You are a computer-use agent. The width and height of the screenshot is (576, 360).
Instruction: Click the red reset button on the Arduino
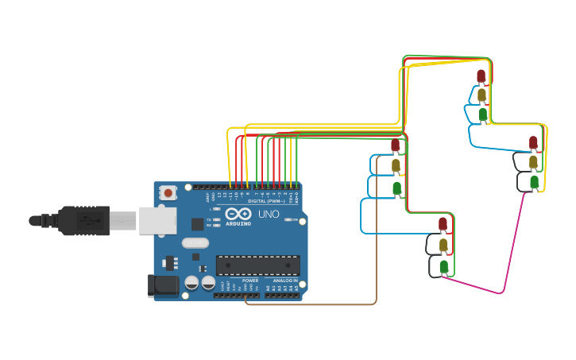point(168,192)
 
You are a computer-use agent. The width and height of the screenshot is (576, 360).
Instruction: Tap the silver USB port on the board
point(157,220)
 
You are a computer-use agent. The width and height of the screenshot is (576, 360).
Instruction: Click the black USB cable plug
point(83,220)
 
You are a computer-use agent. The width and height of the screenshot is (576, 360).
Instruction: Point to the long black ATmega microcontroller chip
point(257,265)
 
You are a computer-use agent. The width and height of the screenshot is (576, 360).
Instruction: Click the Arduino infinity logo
point(238,214)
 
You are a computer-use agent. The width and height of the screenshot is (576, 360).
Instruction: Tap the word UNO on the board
point(269,214)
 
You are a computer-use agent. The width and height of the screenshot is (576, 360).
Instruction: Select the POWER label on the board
point(250,281)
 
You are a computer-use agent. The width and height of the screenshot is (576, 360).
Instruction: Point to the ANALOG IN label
point(285,281)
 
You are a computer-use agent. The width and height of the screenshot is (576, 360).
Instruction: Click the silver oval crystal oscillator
point(195,243)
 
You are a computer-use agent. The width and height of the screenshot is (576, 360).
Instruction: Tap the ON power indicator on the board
point(292,219)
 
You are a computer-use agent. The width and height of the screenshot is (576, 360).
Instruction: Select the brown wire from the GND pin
point(318,304)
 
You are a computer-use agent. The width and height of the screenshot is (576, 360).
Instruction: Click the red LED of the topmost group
point(481,75)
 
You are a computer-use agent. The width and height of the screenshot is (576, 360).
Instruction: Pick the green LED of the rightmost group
point(534,182)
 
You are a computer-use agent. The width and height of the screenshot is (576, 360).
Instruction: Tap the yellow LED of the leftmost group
point(396,165)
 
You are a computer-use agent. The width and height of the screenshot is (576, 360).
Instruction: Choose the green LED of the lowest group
point(443,265)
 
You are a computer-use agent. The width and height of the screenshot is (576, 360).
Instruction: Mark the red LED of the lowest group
point(443,224)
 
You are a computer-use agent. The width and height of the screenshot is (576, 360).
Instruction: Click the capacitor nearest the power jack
point(191,282)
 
